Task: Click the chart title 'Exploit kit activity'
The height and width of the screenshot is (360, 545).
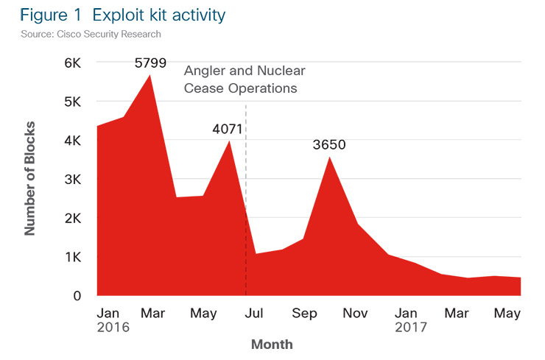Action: (x=154, y=15)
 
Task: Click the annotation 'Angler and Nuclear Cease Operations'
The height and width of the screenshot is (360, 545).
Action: (x=244, y=80)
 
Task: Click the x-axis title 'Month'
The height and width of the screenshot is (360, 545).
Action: (x=272, y=344)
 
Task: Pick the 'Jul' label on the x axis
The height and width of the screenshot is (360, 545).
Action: (x=254, y=313)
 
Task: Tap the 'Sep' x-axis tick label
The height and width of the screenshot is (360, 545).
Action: (x=304, y=313)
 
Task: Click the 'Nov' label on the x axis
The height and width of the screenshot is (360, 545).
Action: (x=356, y=313)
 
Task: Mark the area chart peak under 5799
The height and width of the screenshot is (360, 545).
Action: (x=151, y=77)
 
